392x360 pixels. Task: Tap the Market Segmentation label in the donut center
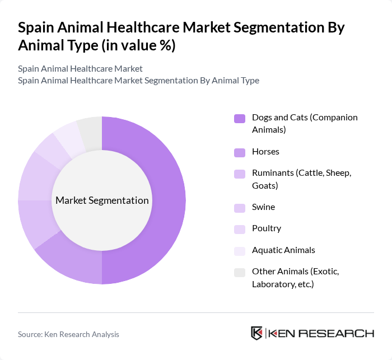[x=102, y=200]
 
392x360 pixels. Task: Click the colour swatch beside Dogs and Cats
[x=240, y=118]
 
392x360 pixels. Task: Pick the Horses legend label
[x=265, y=152]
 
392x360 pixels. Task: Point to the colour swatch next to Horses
[x=240, y=152]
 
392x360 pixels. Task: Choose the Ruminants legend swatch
[x=240, y=174]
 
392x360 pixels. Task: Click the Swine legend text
[x=263, y=207]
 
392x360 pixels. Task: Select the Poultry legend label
[x=267, y=228]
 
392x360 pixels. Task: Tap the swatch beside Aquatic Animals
[x=240, y=251]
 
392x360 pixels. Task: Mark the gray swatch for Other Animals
[x=240, y=272]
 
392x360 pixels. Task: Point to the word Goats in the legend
[x=265, y=185]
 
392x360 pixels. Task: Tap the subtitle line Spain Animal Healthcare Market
[x=80, y=69]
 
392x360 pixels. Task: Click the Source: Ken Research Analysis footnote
[x=68, y=334]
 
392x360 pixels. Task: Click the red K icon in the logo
[x=257, y=333]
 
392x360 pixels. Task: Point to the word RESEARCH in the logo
[x=340, y=334]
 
